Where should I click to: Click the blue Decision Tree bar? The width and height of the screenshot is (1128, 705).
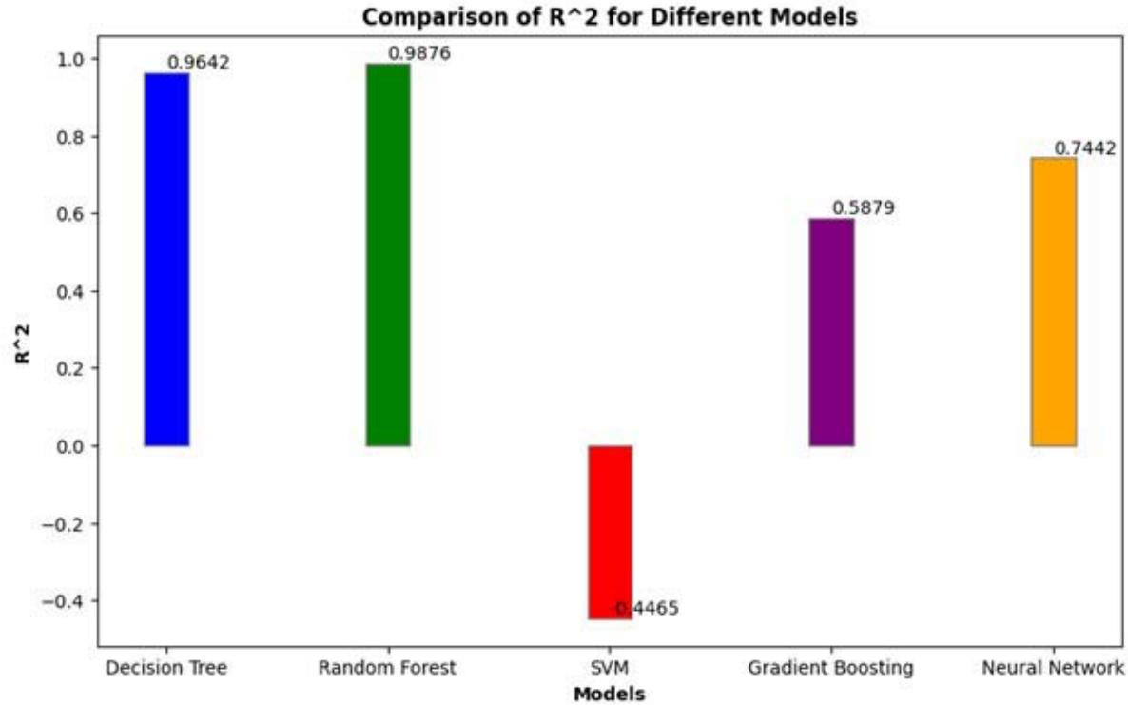tap(166, 259)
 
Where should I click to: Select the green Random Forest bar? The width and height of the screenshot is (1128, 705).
tap(388, 254)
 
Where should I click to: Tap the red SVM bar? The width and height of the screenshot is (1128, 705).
tap(610, 532)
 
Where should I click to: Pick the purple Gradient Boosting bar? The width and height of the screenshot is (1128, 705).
tap(831, 332)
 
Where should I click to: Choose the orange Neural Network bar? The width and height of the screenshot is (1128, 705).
tap(1054, 302)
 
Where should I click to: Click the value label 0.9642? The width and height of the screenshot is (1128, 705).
tap(199, 63)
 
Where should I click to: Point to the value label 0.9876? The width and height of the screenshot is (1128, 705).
tap(419, 53)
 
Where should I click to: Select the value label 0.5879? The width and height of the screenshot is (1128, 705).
tap(864, 207)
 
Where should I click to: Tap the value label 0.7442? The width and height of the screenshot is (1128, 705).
tap(1085, 148)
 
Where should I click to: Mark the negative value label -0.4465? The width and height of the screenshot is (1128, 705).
tap(647, 609)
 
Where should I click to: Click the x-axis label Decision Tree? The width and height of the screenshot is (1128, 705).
tap(166, 668)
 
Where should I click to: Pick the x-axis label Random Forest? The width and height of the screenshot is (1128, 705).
tap(388, 668)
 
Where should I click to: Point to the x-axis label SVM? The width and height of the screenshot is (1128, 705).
tap(610, 668)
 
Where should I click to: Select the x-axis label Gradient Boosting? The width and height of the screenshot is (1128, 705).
tap(831, 668)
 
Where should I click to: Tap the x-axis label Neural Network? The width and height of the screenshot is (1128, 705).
tap(1054, 668)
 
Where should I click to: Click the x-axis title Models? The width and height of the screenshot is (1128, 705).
tap(610, 694)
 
